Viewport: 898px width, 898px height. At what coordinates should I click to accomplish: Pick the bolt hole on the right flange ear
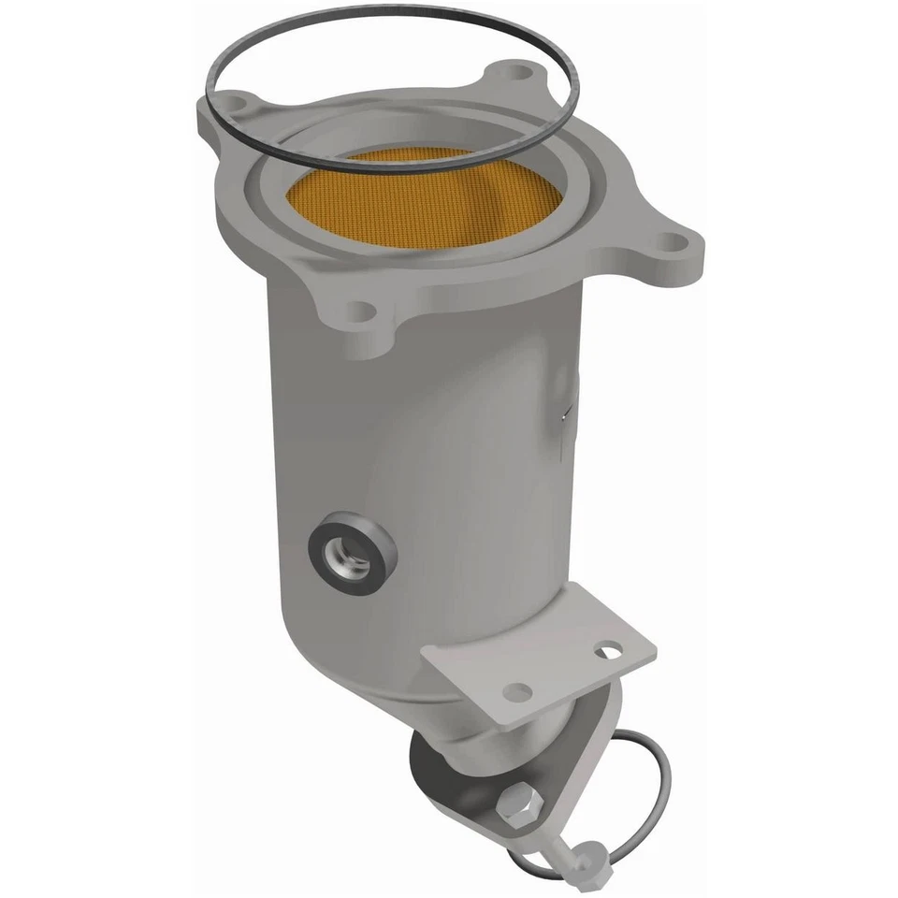[671, 242]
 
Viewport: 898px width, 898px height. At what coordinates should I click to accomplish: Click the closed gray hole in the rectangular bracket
[516, 691]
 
